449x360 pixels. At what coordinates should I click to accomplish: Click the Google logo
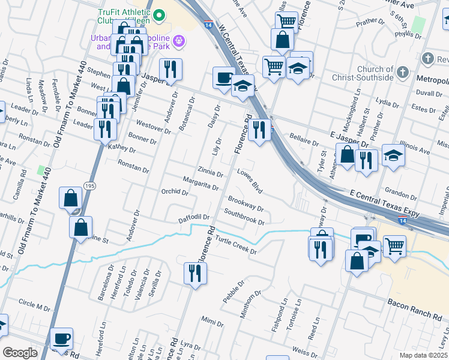coord(20,353)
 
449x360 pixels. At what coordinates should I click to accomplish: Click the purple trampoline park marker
coord(178,41)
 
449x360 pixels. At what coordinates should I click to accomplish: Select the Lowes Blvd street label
coord(250,181)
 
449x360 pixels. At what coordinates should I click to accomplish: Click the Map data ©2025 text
coord(424,355)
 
